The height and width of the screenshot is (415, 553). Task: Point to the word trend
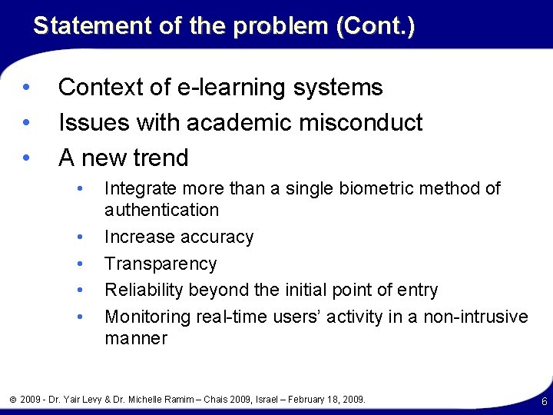[153, 158]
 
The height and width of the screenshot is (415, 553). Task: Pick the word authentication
[161, 210]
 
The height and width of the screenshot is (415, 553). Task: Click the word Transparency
[161, 264]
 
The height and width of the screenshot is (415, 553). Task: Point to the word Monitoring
[147, 317]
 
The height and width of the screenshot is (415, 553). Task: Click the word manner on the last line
[135, 338]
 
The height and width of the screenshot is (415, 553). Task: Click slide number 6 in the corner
[544, 402]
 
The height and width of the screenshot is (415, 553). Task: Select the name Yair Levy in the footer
[95, 400]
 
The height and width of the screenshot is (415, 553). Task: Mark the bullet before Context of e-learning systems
[26, 88]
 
